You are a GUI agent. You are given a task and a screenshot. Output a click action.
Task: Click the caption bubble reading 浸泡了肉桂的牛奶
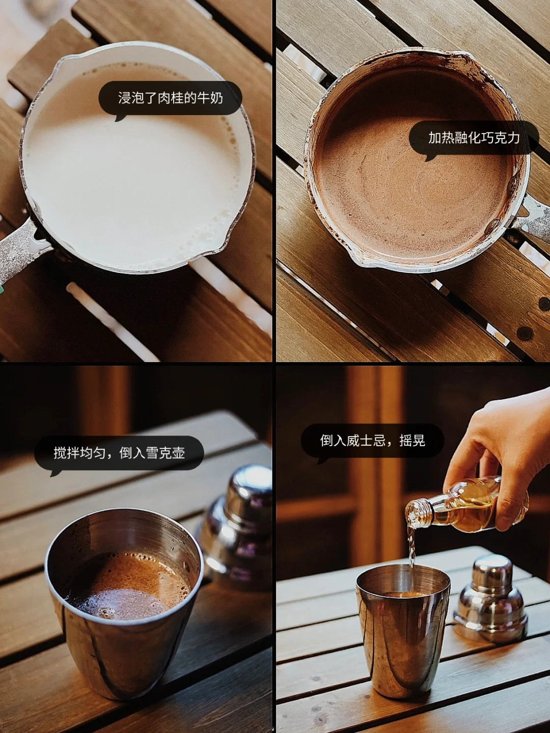click(x=170, y=99)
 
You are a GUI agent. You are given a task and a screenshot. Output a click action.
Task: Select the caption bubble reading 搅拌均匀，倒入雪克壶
click(x=119, y=453)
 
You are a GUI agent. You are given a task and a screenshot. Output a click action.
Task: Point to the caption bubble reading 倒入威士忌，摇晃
click(x=372, y=441)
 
